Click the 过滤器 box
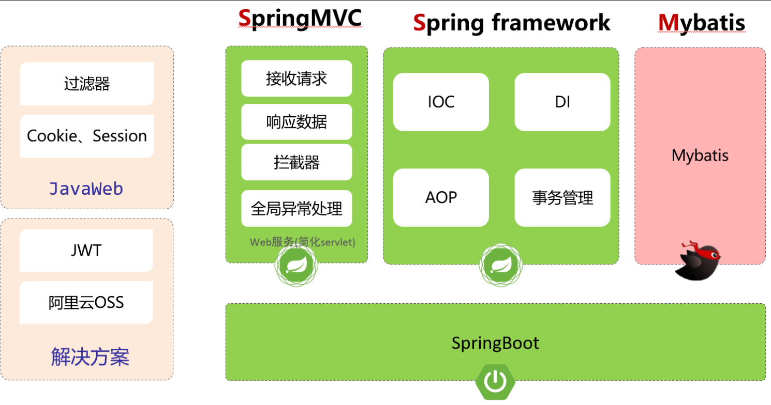86,84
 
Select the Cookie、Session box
86,136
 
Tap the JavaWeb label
86,189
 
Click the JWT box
86,251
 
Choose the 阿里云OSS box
86,302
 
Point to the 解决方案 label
90,356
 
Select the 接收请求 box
296,79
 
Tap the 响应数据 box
296,122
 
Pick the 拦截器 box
296,162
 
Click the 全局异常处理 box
296,208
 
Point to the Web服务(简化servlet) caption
303,242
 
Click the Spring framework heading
511,23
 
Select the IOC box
441,102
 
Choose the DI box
562,102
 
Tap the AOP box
441,197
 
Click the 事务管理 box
562,197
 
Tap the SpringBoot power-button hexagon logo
495,382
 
